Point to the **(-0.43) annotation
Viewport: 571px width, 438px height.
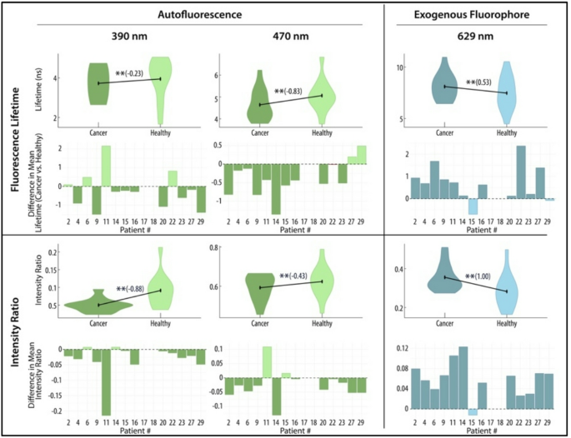coord(296,276)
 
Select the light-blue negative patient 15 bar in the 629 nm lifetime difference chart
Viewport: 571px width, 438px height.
coord(472,207)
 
